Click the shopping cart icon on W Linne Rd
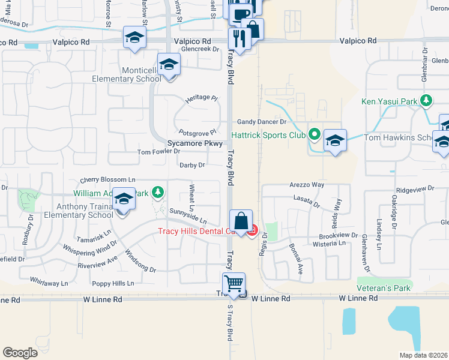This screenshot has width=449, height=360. point(234,283)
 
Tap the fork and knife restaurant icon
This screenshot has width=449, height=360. point(239,40)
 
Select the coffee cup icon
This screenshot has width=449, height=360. point(240,14)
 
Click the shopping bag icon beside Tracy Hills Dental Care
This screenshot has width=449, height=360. point(241,221)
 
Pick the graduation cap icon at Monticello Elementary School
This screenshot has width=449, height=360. point(169,64)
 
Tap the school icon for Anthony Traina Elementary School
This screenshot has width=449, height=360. point(124,199)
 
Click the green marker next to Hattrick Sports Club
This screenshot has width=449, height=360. point(313,133)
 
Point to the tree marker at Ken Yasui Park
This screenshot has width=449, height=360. point(426,100)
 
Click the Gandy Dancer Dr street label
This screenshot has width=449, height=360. point(262,122)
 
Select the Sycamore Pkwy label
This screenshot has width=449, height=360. point(195,144)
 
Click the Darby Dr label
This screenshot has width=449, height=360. point(192,165)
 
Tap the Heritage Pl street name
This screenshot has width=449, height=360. point(200,98)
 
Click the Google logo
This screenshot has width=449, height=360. point(20,352)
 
